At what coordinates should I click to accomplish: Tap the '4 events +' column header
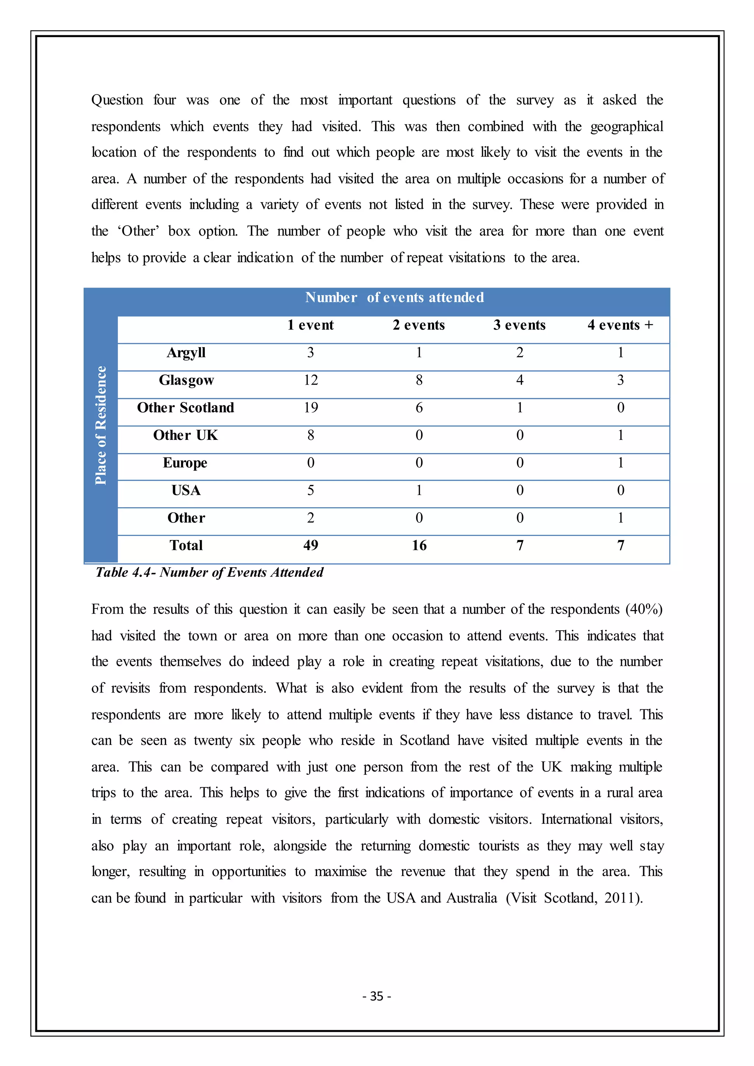620,325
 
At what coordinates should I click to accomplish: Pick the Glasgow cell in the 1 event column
311,380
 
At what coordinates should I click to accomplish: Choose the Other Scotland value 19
311,407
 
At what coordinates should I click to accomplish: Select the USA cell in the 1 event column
311,490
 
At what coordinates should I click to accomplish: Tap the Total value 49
311,545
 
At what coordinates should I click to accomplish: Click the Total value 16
419,545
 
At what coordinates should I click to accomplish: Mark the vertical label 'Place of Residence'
101,425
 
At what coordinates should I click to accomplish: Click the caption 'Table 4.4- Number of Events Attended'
209,572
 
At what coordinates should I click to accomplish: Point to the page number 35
377,996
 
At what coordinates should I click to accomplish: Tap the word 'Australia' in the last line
471,898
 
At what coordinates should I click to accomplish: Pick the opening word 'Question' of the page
117,100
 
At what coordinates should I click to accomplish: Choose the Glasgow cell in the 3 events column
519,380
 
